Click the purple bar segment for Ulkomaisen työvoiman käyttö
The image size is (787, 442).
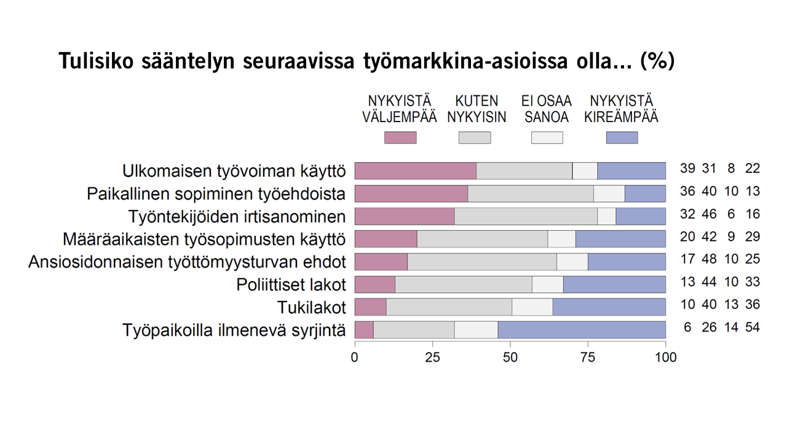tap(416, 171)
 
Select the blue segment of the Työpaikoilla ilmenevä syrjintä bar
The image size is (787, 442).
tap(582, 329)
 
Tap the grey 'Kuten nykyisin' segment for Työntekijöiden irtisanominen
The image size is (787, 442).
tap(526, 216)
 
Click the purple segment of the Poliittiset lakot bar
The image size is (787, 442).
tap(375, 284)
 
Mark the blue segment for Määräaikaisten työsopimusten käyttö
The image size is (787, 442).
tap(620, 239)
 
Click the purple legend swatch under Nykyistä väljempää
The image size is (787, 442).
tap(400, 138)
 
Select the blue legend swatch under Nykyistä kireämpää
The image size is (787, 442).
tap(622, 138)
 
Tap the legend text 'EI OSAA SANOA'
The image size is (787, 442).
tap(547, 109)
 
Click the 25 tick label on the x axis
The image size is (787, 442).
tap(432, 357)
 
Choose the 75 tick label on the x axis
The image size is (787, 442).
tap(588, 357)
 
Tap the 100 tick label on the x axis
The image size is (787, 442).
tap(665, 357)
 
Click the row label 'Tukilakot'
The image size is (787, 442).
tap(312, 307)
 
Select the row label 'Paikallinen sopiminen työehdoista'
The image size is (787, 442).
tap(216, 194)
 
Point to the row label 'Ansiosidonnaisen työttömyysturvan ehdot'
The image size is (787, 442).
tap(187, 262)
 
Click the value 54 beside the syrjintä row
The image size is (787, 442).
tap(753, 327)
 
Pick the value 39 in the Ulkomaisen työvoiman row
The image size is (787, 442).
tap(687, 169)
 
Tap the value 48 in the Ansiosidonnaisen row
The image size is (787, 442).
tap(709, 259)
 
